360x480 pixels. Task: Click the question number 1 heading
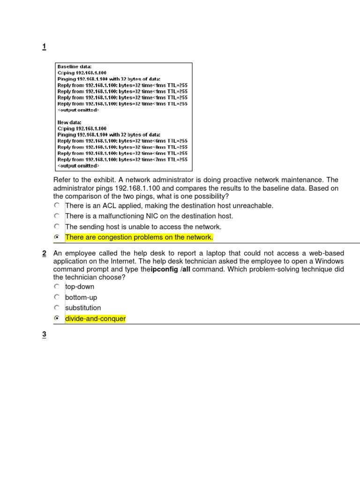pyautogui.click(x=44, y=46)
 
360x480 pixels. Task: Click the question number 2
pyautogui.click(x=44, y=254)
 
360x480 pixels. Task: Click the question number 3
pyautogui.click(x=44, y=335)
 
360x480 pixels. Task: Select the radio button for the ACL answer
pyautogui.click(x=57, y=205)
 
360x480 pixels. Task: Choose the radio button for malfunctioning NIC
pyautogui.click(x=57, y=216)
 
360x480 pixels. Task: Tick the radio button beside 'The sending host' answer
pyautogui.click(x=57, y=226)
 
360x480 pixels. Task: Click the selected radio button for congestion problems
pyautogui.click(x=57, y=237)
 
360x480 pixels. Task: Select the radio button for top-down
pyautogui.click(x=57, y=286)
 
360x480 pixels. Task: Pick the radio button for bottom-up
pyautogui.click(x=57, y=297)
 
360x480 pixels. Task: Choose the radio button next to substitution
pyautogui.click(x=57, y=308)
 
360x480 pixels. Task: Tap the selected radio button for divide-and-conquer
pyautogui.click(x=57, y=319)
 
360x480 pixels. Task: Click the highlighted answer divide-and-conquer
pyautogui.click(x=95, y=319)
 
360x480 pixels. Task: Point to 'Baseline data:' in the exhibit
pyautogui.click(x=75, y=67)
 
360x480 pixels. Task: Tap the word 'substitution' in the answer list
pyautogui.click(x=83, y=308)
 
